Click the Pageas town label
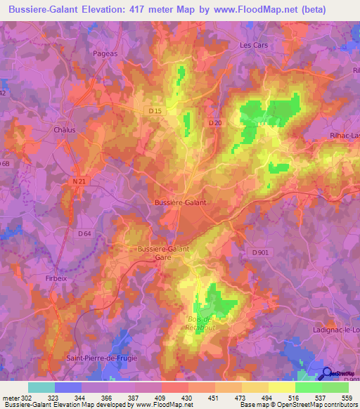pyautogui.click(x=105, y=52)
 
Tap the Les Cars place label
pyautogui.click(x=254, y=45)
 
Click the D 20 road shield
pyautogui.click(x=215, y=123)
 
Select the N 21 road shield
pyautogui.click(x=79, y=181)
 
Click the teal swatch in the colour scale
pyautogui.click(x=41, y=387)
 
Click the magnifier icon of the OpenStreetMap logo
pyautogui.click(x=327, y=374)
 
